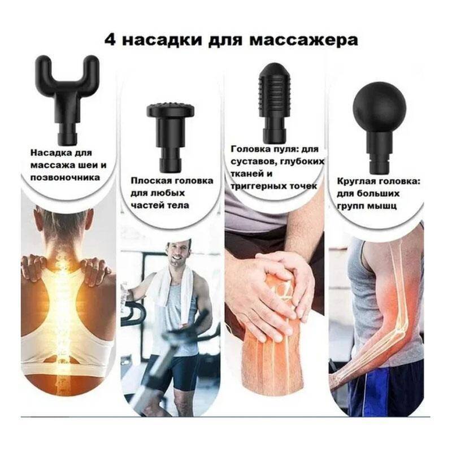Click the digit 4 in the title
tap(111, 40)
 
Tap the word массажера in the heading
tap(303, 41)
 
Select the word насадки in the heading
tap(162, 40)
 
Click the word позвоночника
tap(65, 177)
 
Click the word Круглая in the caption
tap(356, 181)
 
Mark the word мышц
tap(384, 206)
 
